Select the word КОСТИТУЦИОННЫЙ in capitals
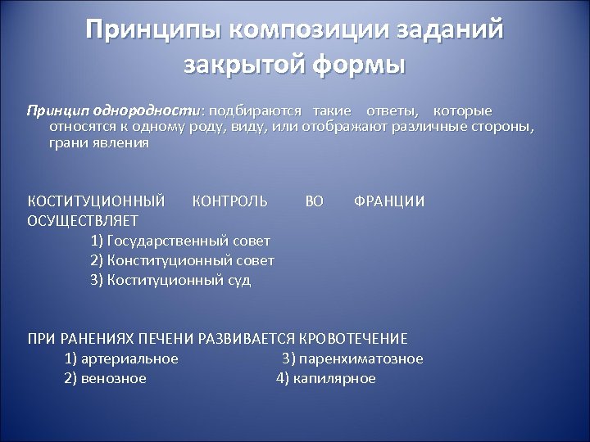(x=96, y=201)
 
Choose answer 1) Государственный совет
(x=180, y=241)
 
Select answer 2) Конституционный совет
(x=182, y=260)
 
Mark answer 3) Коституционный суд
(x=170, y=280)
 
